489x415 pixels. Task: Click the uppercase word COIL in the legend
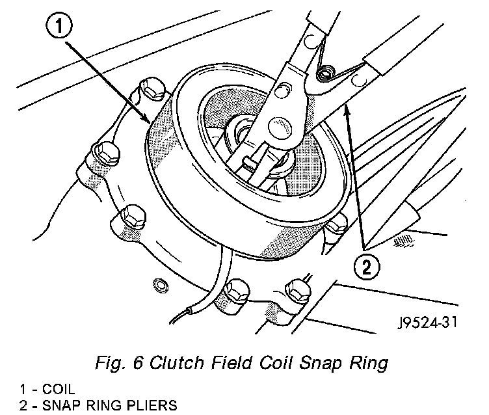pyautogui.click(x=57, y=391)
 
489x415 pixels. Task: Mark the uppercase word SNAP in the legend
pyautogui.click(x=58, y=406)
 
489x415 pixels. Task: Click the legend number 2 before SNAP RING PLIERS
pyautogui.click(x=22, y=406)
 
